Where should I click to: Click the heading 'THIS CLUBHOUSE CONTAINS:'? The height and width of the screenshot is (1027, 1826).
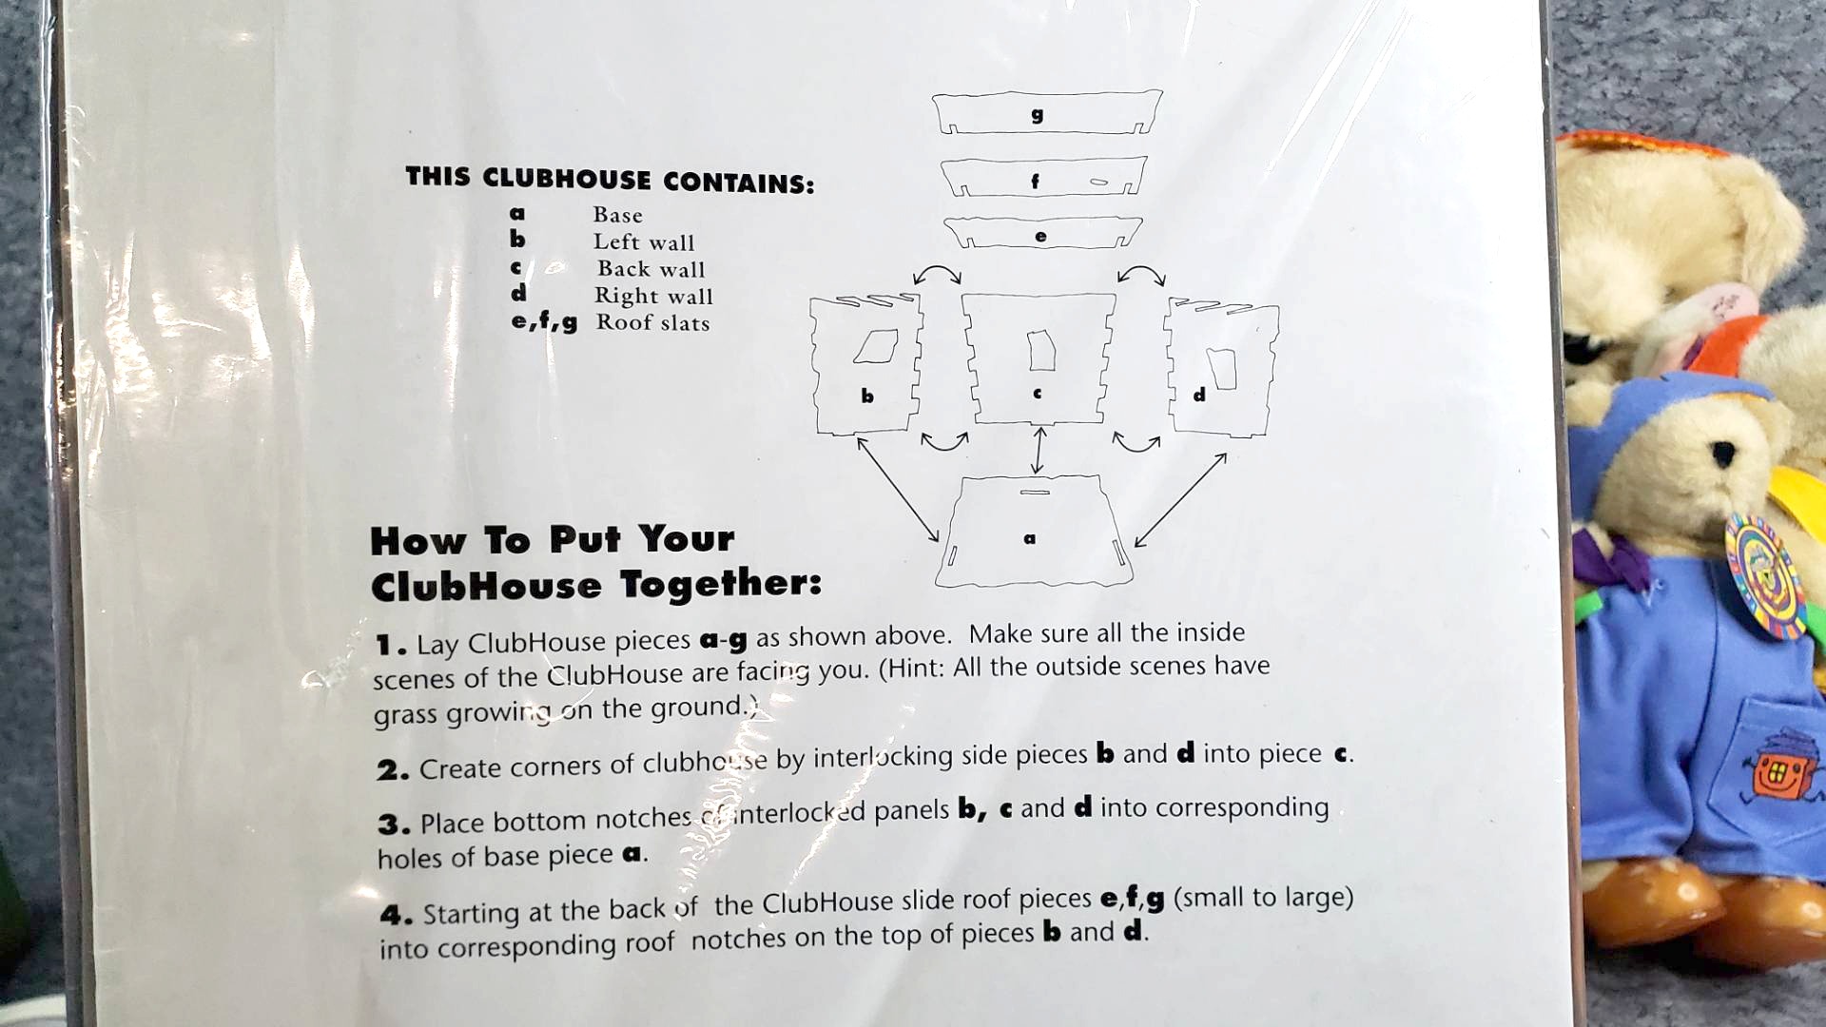click(x=610, y=180)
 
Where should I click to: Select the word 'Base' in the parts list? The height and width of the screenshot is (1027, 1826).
click(x=617, y=215)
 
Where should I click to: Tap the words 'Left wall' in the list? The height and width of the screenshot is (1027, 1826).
click(x=644, y=242)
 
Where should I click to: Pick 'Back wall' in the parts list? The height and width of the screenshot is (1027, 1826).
click(x=651, y=269)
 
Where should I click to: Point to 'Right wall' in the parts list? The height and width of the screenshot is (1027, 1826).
click(x=653, y=296)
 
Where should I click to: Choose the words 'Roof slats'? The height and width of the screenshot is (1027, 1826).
click(x=652, y=322)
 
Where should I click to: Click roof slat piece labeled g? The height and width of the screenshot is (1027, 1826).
click(x=1046, y=112)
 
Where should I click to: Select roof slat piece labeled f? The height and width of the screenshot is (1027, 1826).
click(x=1043, y=178)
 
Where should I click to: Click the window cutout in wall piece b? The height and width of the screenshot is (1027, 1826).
click(x=876, y=347)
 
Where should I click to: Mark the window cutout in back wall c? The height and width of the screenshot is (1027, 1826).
click(x=1041, y=350)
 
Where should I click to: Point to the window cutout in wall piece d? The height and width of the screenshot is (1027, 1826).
click(x=1222, y=368)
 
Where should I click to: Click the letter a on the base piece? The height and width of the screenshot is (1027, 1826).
click(x=1029, y=538)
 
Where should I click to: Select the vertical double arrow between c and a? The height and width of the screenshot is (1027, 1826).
click(x=1039, y=451)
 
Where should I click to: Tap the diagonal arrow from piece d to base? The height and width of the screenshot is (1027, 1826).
click(x=1180, y=499)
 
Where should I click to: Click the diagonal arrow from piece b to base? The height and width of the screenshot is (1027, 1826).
click(x=898, y=489)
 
